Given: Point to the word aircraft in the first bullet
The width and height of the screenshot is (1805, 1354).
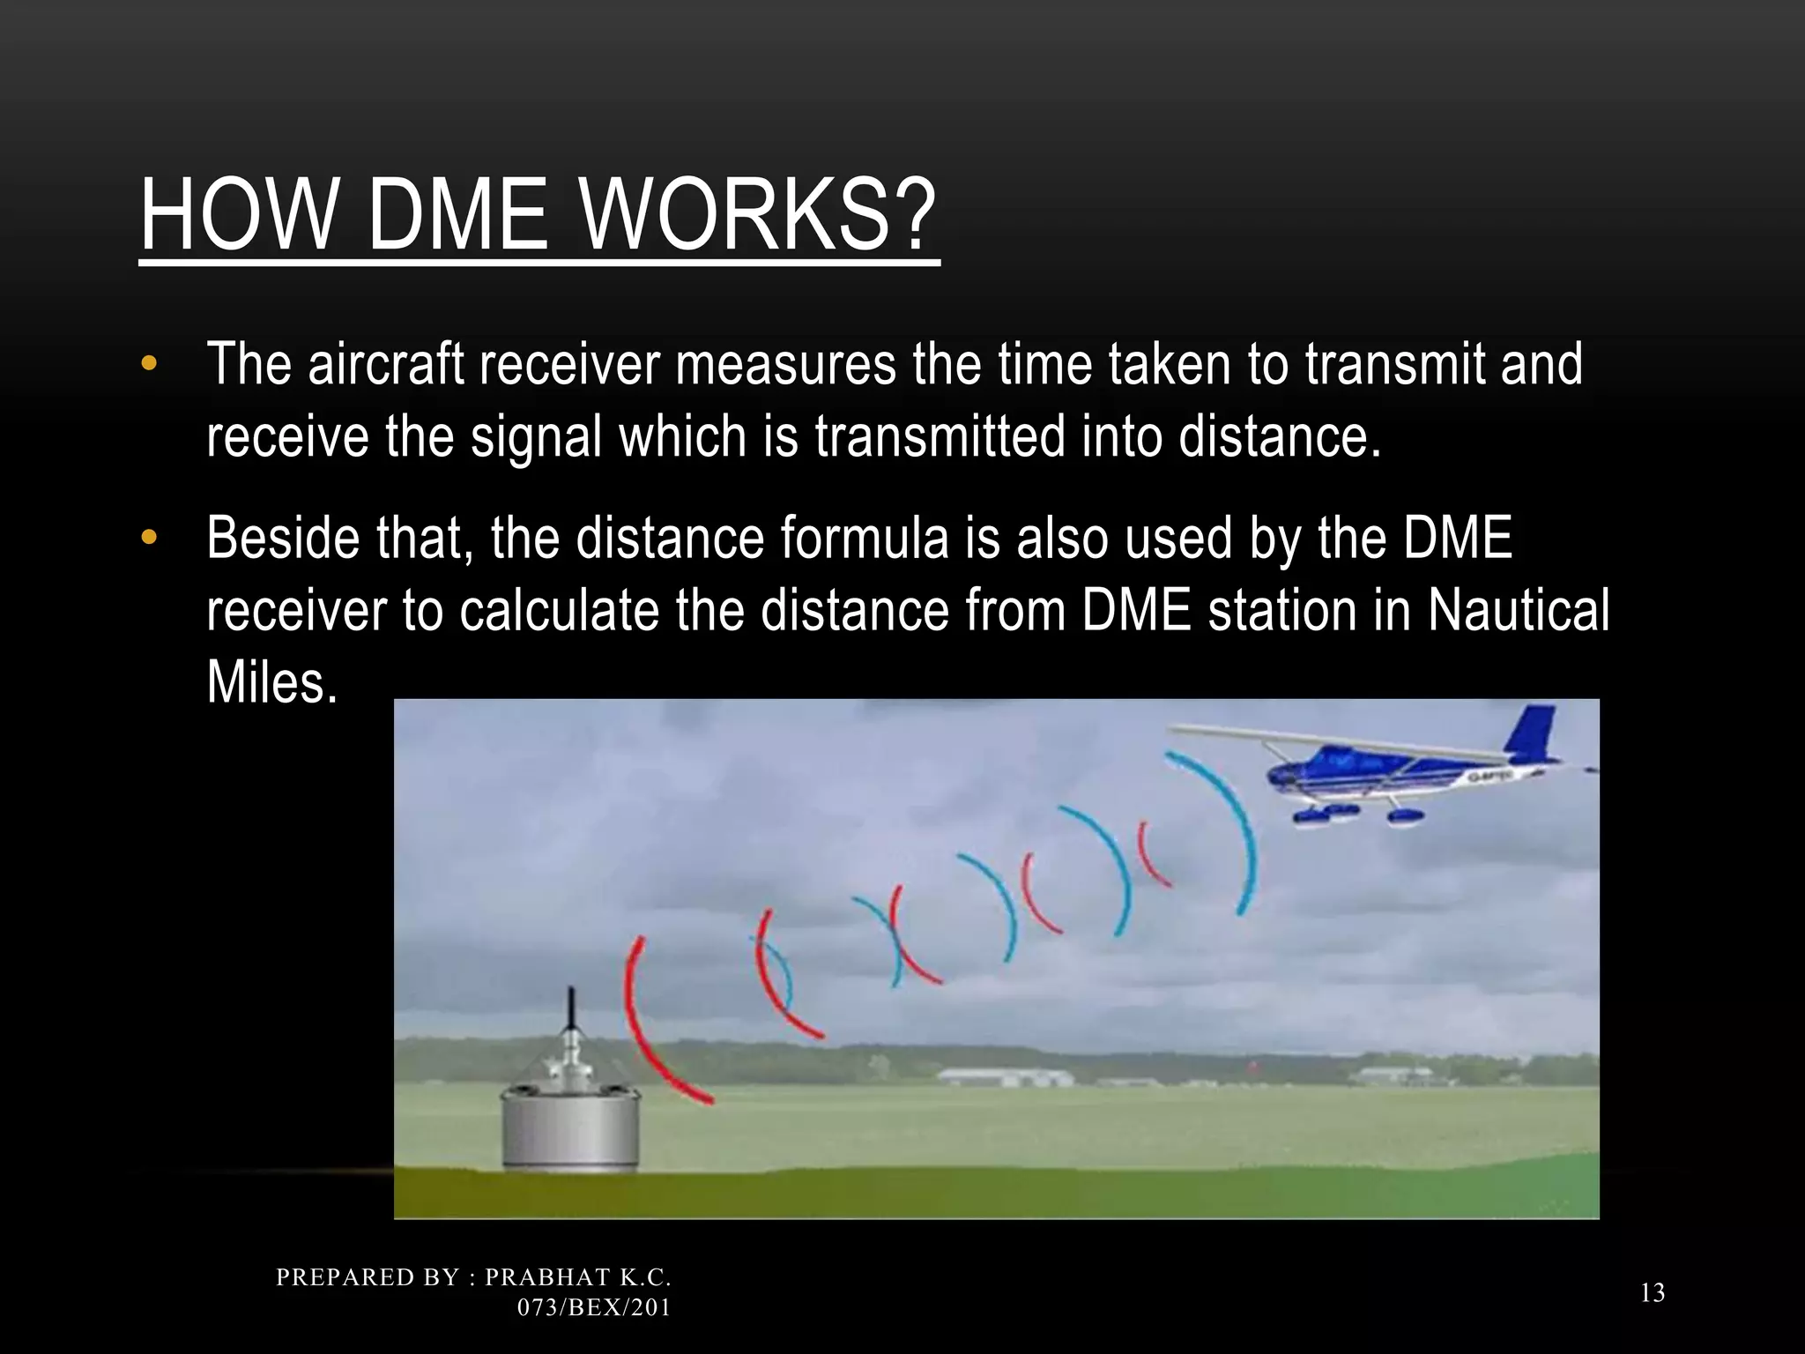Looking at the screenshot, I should click(x=386, y=364).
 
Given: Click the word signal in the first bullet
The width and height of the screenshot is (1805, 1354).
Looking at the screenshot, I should click(x=536, y=437).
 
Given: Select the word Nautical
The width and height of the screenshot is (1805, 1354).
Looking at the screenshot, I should click(x=1518, y=610).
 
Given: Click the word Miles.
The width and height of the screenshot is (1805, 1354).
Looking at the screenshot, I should click(x=271, y=682).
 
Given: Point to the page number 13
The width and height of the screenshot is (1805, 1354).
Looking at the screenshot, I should click(x=1653, y=1293).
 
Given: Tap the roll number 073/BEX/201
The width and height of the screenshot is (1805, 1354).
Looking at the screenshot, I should click(x=594, y=1307).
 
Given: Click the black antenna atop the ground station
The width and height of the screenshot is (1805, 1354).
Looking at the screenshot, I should click(x=571, y=1010).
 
